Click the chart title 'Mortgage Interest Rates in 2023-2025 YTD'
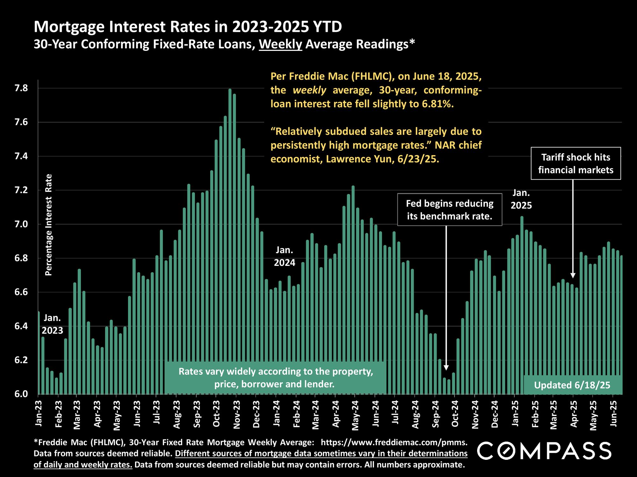(188, 27)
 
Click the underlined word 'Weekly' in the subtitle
(280, 45)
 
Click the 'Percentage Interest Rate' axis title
(49, 225)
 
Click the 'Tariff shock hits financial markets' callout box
(576, 163)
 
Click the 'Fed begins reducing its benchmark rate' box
(449, 210)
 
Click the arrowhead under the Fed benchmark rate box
(446, 368)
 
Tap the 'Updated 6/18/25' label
(572, 385)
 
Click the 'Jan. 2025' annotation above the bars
(521, 199)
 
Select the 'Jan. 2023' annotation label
(52, 324)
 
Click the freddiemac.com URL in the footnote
(394, 442)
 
